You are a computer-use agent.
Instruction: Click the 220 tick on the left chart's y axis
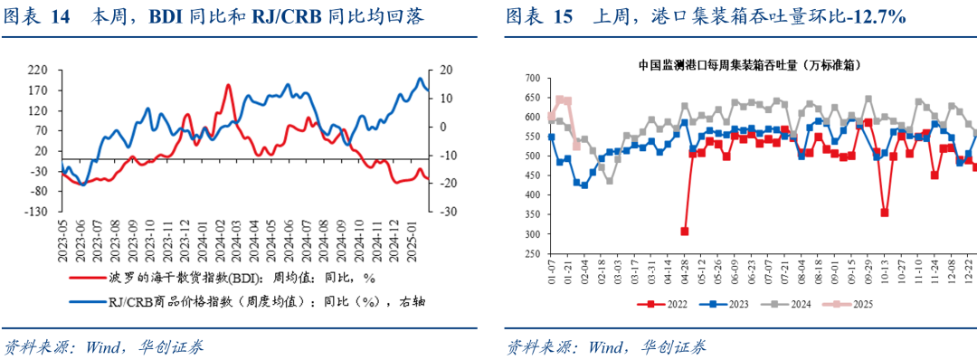coord(37,69)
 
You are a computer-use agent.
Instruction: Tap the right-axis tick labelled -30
coord(446,212)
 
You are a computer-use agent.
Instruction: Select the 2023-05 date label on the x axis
coord(62,242)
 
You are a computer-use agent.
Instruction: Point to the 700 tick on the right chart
coord(531,79)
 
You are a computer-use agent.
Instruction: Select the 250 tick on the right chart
coord(531,254)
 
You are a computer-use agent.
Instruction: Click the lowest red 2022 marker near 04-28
coord(685,232)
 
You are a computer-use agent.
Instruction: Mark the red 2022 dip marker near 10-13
coord(884,213)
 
